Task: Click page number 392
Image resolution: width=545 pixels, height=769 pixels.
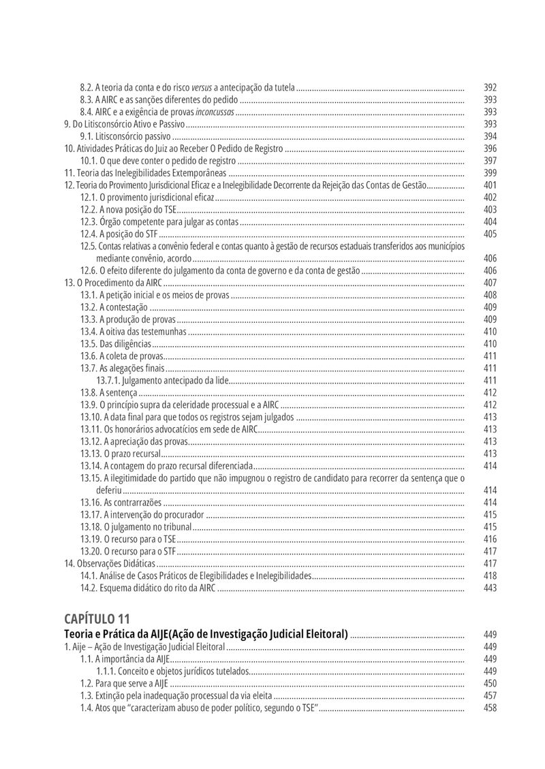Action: coord(490,87)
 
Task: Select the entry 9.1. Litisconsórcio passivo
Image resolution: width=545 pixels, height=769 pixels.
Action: coord(125,136)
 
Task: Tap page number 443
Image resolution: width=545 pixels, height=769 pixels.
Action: coord(490,588)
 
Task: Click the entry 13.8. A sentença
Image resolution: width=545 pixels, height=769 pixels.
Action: coord(109,392)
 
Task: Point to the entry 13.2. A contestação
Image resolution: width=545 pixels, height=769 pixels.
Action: coord(114,307)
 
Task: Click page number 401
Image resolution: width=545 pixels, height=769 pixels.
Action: coord(490,185)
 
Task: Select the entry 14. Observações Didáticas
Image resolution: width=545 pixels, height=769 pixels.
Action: coord(110,563)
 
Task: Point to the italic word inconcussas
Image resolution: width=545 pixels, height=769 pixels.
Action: coord(215,112)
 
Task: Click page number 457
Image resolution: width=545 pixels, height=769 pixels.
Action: coord(490,695)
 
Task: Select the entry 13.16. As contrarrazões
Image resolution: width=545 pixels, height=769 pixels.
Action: coord(121,502)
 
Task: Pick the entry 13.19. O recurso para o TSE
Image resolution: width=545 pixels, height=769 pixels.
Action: coord(128,539)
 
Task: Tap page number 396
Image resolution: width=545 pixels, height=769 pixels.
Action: coord(490,148)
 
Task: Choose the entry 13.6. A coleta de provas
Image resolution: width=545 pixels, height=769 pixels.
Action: coord(121,356)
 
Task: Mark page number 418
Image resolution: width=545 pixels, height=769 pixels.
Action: coord(490,576)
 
